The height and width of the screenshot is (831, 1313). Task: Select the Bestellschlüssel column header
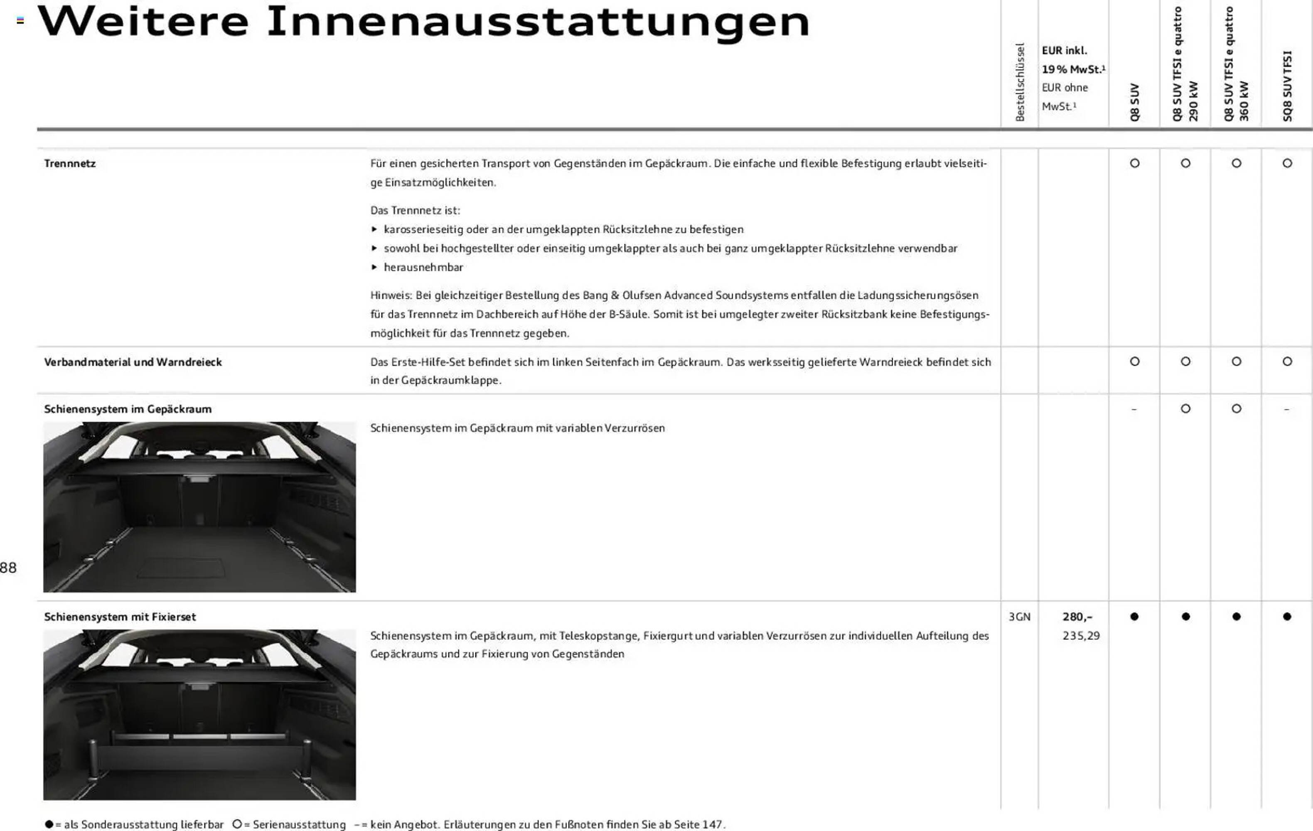[x=1020, y=82]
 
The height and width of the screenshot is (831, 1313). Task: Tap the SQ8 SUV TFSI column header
[x=1287, y=86]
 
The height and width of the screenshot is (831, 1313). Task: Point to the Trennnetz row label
[x=70, y=164]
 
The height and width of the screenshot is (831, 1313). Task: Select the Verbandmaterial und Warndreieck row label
[x=133, y=362]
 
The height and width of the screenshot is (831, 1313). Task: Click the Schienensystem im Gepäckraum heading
[x=128, y=409]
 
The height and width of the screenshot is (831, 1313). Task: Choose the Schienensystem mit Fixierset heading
[x=120, y=617]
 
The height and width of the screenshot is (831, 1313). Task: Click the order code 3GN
[x=1019, y=617]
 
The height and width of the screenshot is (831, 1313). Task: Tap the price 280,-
[x=1077, y=617]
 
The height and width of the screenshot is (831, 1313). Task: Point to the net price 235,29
[x=1081, y=636]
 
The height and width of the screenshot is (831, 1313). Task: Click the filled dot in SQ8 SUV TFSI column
[x=1287, y=617]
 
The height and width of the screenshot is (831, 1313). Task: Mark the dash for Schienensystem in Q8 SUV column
[x=1134, y=409]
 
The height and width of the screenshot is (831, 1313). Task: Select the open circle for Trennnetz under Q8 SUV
[x=1135, y=163]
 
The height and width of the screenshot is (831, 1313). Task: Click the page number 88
[x=8, y=568]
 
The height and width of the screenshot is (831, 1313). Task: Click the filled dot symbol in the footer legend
[x=49, y=824]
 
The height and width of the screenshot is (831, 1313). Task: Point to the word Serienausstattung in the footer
[x=299, y=824]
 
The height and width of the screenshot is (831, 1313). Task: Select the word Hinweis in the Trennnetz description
[x=391, y=295]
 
